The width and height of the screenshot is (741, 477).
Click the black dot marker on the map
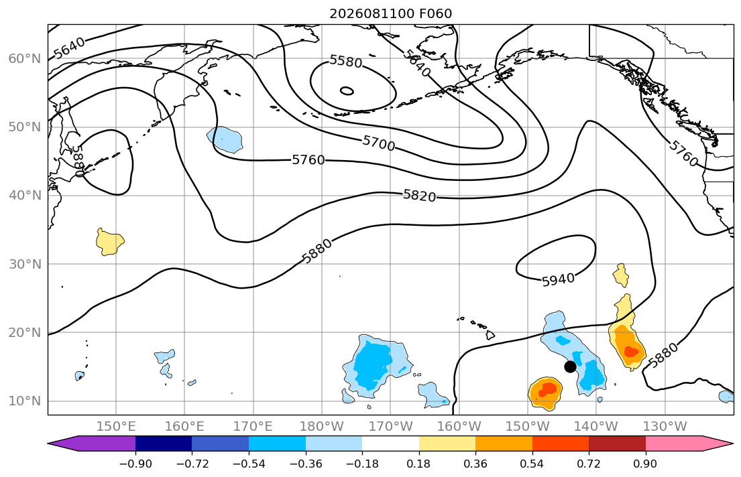click(570, 366)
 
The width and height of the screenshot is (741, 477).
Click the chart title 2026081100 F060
click(390, 13)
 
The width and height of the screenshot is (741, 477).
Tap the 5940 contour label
click(558, 280)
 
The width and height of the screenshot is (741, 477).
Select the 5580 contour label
click(346, 62)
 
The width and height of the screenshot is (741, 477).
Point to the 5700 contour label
click(378, 143)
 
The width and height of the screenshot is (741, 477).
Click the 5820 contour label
click(419, 195)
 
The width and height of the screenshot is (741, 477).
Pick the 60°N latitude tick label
click(25, 58)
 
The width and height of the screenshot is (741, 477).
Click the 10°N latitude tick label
click(25, 401)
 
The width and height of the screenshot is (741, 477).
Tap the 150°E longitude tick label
click(116, 427)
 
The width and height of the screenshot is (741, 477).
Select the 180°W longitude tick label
click(322, 427)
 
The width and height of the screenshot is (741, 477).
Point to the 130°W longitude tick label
click(665, 427)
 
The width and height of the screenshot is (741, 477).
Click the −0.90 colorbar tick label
click(135, 464)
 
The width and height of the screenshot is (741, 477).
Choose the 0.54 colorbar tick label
click(532, 464)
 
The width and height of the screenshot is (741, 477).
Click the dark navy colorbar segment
click(164, 444)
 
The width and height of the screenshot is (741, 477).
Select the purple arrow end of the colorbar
click(95, 444)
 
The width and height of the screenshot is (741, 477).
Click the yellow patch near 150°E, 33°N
click(109, 242)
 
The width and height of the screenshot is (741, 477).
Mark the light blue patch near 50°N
click(225, 139)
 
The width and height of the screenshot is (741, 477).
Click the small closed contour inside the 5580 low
click(347, 90)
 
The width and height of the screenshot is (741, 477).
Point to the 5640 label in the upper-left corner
click(69, 48)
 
